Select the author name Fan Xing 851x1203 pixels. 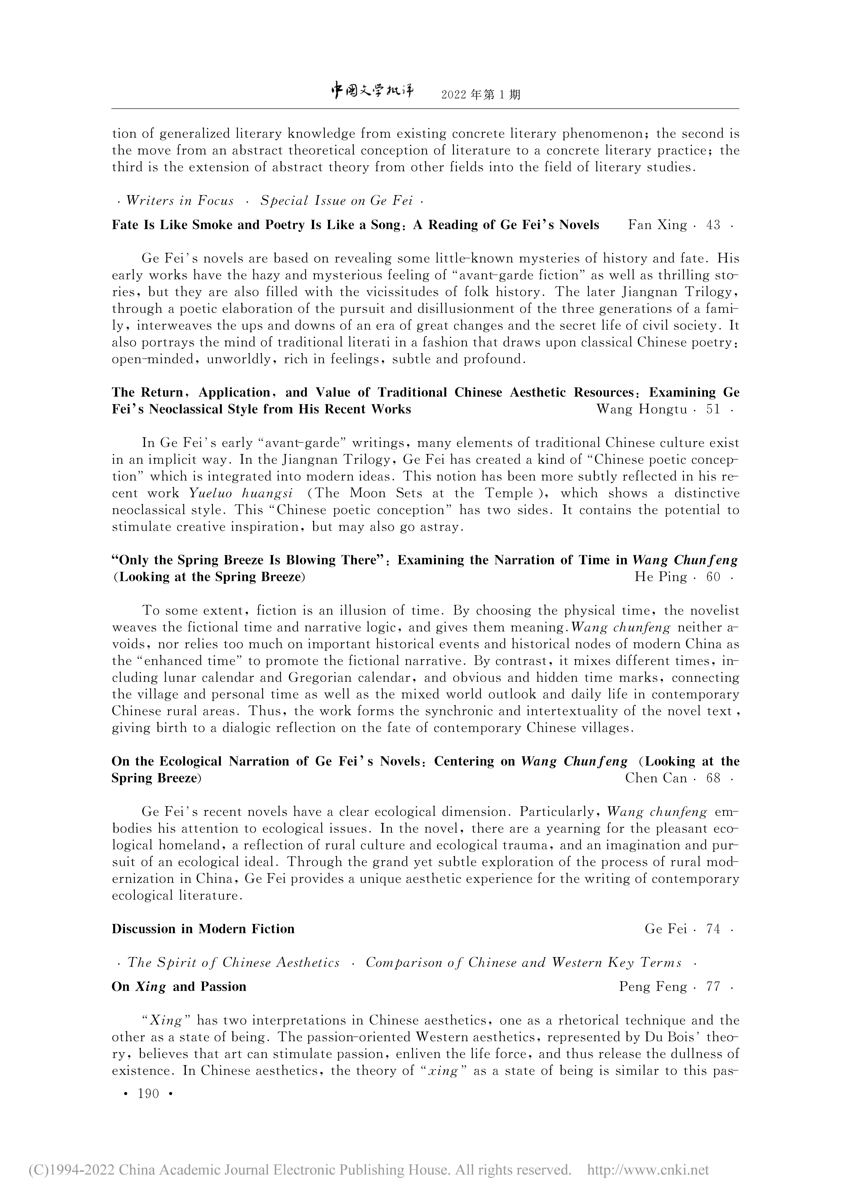coord(657,225)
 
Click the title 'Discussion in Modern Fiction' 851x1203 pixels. coord(203,929)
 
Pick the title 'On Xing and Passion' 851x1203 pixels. coord(179,987)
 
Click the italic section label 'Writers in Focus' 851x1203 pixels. coord(180,201)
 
